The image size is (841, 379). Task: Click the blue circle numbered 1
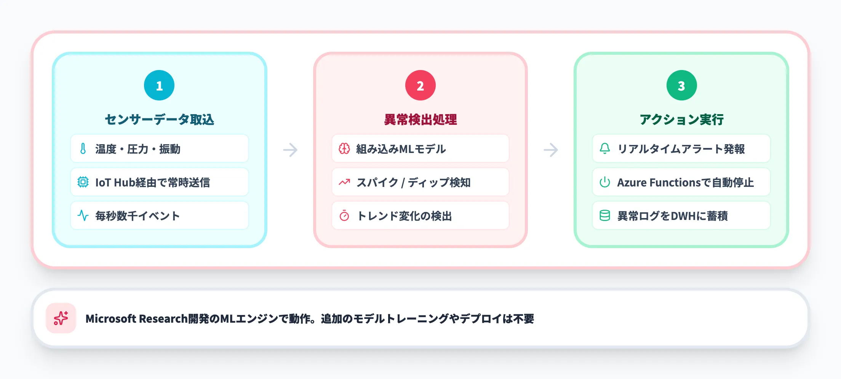159,85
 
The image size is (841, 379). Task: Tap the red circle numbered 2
420,85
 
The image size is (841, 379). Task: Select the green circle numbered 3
681,85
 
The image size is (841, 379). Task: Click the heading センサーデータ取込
159,119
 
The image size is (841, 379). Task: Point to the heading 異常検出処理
420,119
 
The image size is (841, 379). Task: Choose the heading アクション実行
681,119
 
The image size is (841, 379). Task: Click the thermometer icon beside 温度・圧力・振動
83,148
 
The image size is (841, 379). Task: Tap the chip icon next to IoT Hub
83,182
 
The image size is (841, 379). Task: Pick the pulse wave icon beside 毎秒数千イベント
83,215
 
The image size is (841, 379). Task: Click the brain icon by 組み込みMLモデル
344,148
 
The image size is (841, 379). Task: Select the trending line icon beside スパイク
344,182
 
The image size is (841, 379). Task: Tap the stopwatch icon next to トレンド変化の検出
344,216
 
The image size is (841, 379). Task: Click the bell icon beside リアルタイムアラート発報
605,148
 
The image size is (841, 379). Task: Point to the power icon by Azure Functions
605,182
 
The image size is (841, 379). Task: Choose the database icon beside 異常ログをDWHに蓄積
605,215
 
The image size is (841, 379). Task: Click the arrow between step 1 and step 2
290,150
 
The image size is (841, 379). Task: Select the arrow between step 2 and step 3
551,150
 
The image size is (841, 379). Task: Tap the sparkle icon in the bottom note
61,318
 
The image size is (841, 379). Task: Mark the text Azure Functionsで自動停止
685,182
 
